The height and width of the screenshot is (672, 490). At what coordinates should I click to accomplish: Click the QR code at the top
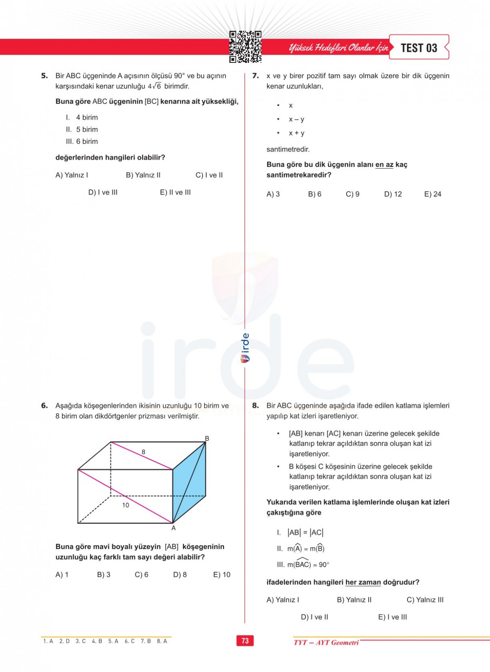(x=245, y=47)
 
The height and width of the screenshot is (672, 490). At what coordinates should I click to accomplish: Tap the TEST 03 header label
(x=419, y=48)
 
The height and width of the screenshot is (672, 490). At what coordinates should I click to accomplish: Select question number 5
(x=45, y=76)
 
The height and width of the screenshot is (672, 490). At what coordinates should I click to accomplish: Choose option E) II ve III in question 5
(x=175, y=192)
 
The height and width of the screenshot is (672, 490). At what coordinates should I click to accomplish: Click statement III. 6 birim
(x=82, y=141)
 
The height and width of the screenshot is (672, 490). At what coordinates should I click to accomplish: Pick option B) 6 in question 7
(x=314, y=194)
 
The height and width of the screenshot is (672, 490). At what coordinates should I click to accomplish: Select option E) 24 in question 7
(x=432, y=194)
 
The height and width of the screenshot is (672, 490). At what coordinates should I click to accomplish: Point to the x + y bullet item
(x=296, y=133)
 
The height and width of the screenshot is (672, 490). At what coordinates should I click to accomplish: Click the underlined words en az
(x=384, y=165)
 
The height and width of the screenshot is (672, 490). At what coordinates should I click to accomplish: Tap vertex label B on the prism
(x=207, y=438)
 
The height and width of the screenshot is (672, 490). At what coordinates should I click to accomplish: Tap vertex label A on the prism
(x=174, y=528)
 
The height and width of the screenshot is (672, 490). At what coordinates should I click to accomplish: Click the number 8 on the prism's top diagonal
(x=143, y=452)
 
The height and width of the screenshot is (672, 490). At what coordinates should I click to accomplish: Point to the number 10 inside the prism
(x=125, y=505)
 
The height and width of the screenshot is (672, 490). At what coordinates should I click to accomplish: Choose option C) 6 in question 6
(x=141, y=574)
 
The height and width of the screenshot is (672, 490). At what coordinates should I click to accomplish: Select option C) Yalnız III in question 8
(x=425, y=600)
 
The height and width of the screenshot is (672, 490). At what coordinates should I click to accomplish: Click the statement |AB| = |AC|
(x=305, y=532)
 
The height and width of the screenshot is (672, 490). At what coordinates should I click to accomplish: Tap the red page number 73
(x=245, y=641)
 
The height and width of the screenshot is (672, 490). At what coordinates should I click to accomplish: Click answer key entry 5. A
(x=113, y=641)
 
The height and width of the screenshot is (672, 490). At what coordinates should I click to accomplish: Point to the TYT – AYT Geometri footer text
(x=326, y=642)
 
